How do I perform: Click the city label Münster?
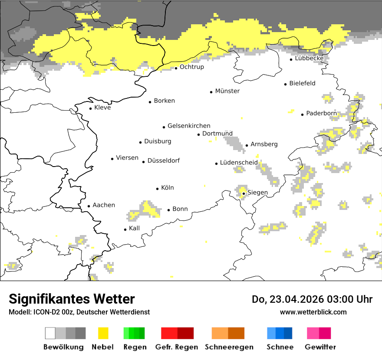click(x=227, y=91)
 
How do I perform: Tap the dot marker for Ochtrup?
click(x=176, y=68)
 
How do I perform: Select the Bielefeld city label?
click(x=302, y=83)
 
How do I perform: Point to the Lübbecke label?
click(x=309, y=58)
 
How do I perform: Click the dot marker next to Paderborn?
click(x=303, y=115)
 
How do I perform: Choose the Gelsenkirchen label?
click(x=189, y=126)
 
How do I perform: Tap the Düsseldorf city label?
click(x=164, y=160)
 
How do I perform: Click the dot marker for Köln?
click(x=158, y=189)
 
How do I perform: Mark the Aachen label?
click(x=104, y=205)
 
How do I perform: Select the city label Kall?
click(x=135, y=228)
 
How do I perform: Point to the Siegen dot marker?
click(x=244, y=193)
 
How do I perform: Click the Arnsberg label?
click(x=264, y=144)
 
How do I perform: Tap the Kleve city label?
click(x=102, y=108)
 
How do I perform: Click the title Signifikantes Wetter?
click(x=72, y=299)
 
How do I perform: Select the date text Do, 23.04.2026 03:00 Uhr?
click(x=312, y=299)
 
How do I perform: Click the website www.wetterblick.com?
click(x=313, y=312)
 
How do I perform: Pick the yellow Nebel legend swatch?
click(x=103, y=333)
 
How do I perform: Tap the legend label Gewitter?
click(x=320, y=347)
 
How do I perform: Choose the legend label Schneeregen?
click(x=229, y=347)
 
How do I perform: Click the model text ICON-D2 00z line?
click(x=79, y=312)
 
